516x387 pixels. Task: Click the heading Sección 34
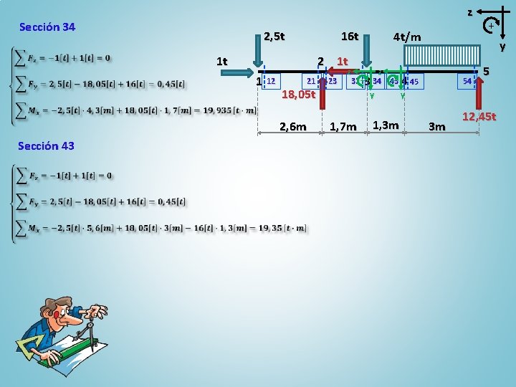47,27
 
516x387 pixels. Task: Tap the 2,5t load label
274,36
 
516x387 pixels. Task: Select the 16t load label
350,36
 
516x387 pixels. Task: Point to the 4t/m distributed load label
407,37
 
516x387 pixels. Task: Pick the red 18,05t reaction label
298,94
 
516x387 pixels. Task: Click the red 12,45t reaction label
479,116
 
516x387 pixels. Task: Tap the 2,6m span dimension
292,127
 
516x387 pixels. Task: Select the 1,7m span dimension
343,127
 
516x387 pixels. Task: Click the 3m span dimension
436,127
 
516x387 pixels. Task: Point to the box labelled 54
467,81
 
